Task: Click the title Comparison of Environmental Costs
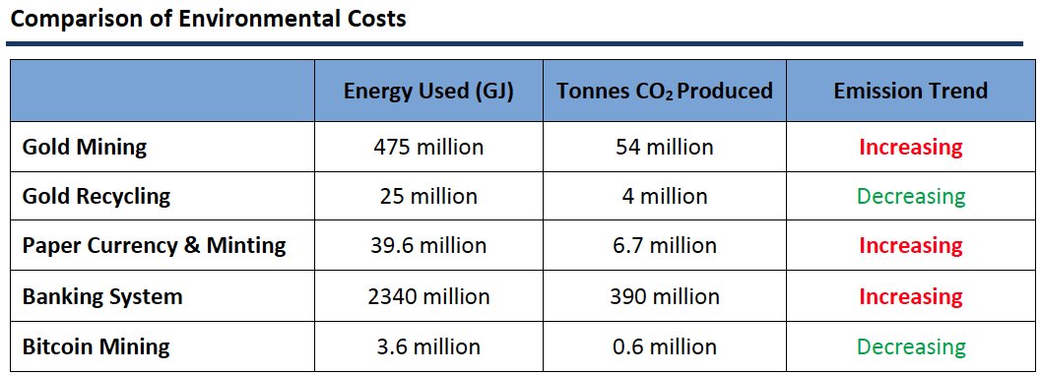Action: pyautogui.click(x=208, y=19)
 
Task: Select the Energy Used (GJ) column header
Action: pyautogui.click(x=428, y=91)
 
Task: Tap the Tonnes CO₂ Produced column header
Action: pyautogui.click(x=664, y=91)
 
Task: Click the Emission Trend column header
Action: pyautogui.click(x=910, y=91)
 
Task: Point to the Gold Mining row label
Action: pyautogui.click(x=85, y=147)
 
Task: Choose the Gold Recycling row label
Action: pyautogui.click(x=97, y=196)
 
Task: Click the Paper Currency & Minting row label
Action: pyautogui.click(x=154, y=245)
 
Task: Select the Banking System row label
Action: pyautogui.click(x=102, y=296)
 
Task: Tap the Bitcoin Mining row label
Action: pyautogui.click(x=97, y=346)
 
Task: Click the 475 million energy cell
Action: pyautogui.click(x=428, y=147)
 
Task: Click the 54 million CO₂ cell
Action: pyautogui.click(x=664, y=147)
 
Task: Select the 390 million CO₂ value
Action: pyautogui.click(x=664, y=296)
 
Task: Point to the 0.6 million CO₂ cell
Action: pyautogui.click(x=664, y=346)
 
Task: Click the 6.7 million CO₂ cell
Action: pyautogui.click(x=664, y=245)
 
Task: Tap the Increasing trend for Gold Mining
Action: pyautogui.click(x=910, y=147)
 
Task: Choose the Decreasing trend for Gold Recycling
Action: pyautogui.click(x=910, y=196)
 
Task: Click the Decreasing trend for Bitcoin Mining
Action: pyautogui.click(x=910, y=346)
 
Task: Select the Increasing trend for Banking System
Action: pyautogui.click(x=910, y=296)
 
